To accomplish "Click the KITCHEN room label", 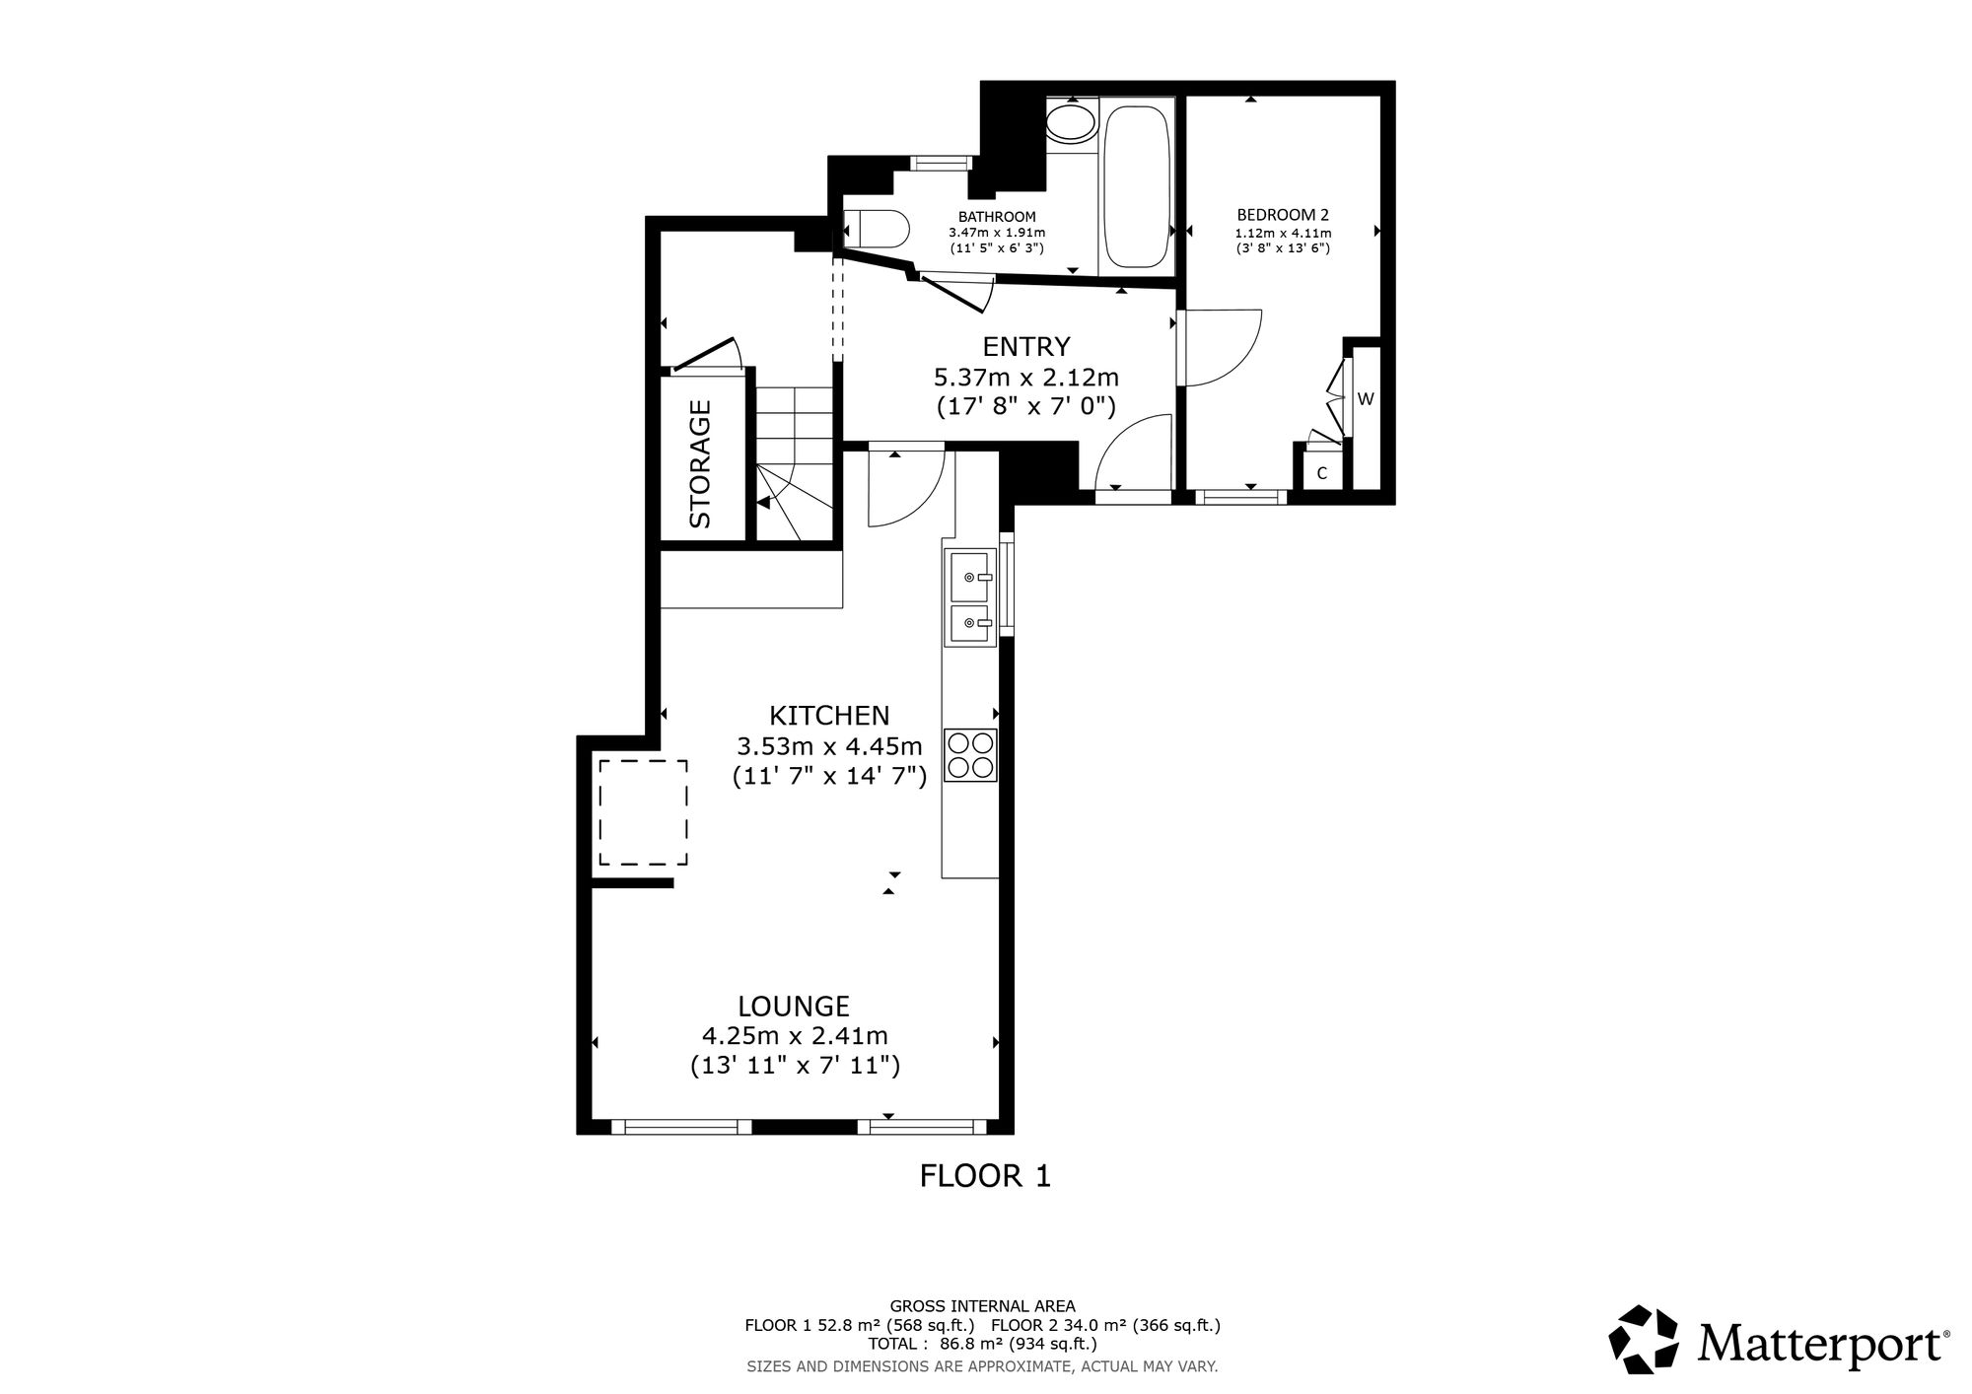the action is (829, 715).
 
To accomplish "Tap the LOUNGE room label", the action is (794, 1007).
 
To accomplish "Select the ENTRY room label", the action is (1026, 347).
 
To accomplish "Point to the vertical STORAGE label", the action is (700, 463).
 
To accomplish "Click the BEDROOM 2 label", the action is (1283, 215).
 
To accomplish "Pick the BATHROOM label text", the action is (997, 217).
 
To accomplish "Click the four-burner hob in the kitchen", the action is (970, 755).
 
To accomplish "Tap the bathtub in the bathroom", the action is (1138, 186).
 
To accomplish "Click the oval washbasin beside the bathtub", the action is (1071, 123).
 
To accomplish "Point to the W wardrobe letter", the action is (1366, 399).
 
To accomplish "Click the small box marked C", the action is (1322, 473).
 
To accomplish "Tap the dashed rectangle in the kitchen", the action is (642, 812).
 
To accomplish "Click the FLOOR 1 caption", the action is (985, 1176).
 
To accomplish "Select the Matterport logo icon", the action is (1644, 1339).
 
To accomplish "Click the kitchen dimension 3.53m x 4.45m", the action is (829, 745).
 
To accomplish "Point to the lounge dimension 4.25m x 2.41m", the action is (795, 1036).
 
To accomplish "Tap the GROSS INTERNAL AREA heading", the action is (982, 1307).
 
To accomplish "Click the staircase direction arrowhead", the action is (763, 503).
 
